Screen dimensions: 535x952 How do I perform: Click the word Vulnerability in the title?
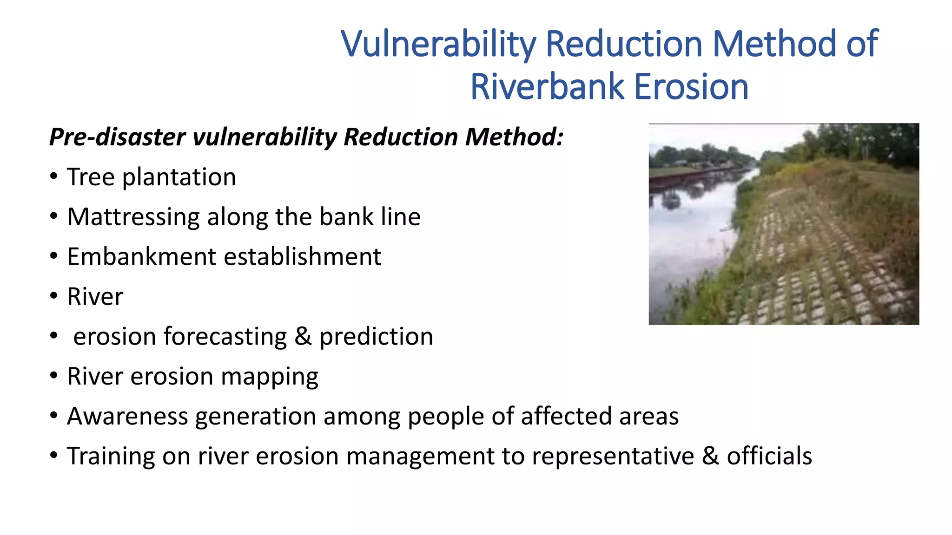click(438, 44)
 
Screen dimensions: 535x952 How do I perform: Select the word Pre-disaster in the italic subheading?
click(118, 137)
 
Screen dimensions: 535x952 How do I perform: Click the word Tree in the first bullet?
click(91, 177)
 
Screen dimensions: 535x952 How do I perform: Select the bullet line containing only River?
click(95, 297)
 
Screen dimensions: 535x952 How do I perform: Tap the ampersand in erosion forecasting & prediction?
click(303, 336)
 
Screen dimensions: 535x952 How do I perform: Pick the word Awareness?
click(127, 416)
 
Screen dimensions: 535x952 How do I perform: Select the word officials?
click(769, 456)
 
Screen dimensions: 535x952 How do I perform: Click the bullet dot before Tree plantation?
click(54, 177)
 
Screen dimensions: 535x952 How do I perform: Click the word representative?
click(613, 456)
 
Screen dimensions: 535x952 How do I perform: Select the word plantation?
click(179, 177)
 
